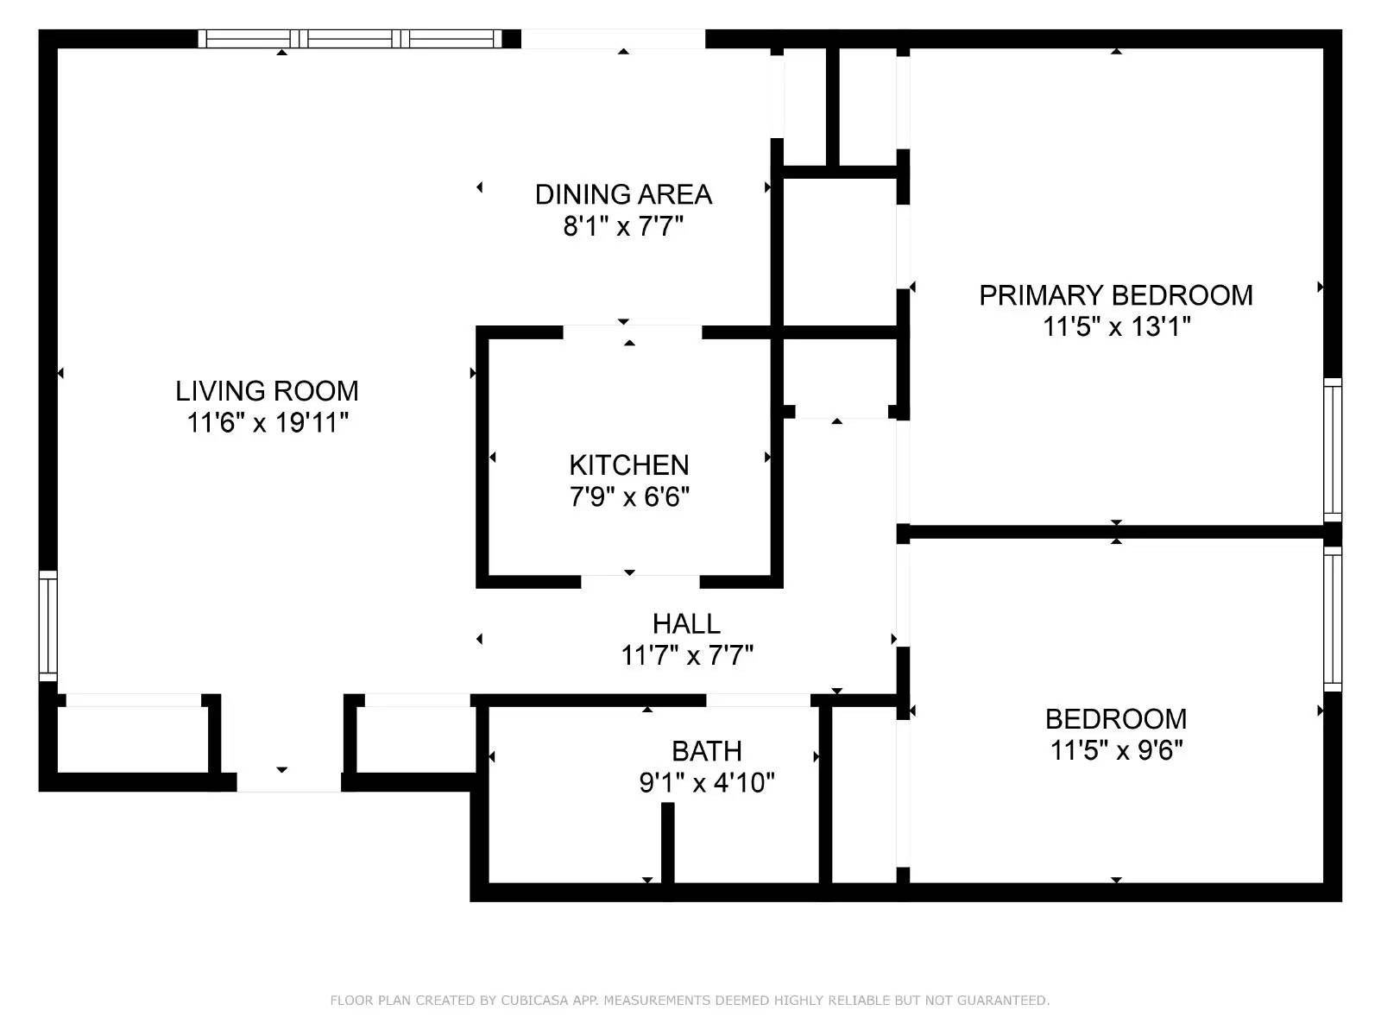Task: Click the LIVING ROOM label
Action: coord(267,391)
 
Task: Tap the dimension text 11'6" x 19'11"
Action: coord(268,423)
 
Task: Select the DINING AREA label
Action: coord(623,194)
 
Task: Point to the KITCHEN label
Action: coord(629,465)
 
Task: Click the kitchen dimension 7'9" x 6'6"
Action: coord(629,497)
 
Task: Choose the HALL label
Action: coord(686,623)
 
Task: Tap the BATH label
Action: coord(707,751)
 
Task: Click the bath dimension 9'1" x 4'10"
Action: coord(707,783)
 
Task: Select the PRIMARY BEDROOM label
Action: coord(1115,295)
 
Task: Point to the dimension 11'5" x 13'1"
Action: coord(1116,327)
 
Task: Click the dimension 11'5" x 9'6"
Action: coord(1116,750)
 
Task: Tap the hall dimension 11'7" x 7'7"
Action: coord(687,656)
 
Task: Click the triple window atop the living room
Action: coord(350,39)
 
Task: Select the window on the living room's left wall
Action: coord(48,626)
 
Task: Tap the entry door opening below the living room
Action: coord(288,781)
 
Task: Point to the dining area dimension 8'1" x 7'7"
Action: coord(623,227)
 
